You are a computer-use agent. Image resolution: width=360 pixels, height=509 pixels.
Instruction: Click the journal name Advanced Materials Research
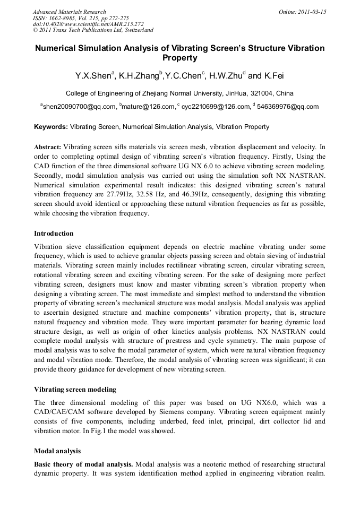click(69, 12)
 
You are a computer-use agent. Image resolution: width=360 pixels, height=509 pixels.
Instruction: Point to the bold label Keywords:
click(51, 127)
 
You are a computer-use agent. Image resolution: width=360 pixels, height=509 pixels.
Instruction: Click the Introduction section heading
click(54, 234)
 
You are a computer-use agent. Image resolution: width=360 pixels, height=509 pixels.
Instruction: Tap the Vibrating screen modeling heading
click(75, 389)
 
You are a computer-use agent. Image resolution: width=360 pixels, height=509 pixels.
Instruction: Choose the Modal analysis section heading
click(57, 451)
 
